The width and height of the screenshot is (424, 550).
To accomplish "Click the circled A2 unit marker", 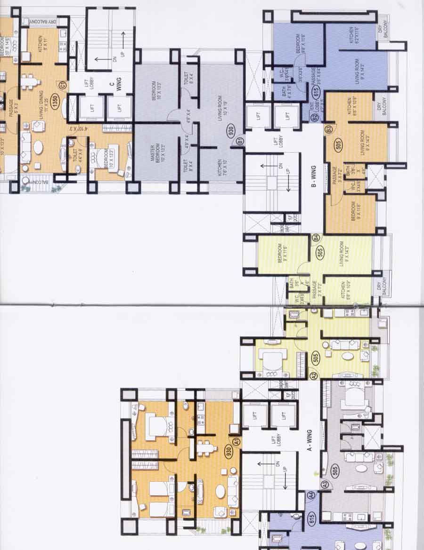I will pos(314,375).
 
